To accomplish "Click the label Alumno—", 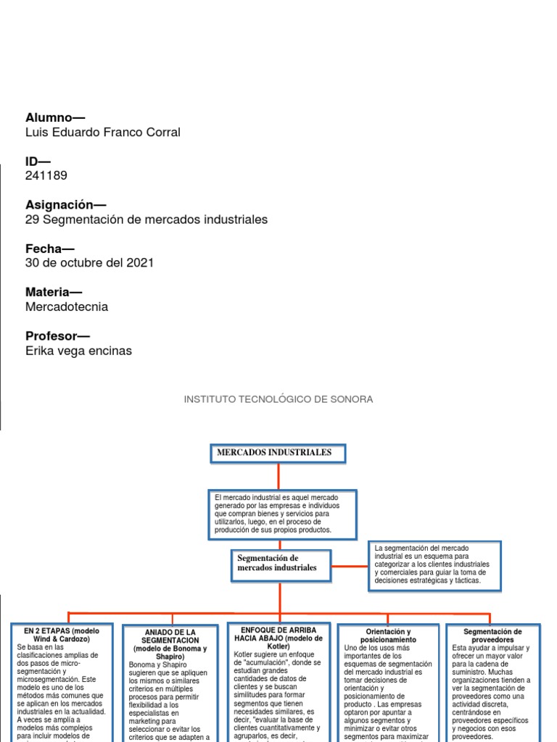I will coord(55,117).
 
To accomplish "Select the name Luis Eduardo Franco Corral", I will coord(102,132).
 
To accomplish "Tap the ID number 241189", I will coord(46,175).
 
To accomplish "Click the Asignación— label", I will coord(65,204).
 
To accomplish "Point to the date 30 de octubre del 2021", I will coord(89,262).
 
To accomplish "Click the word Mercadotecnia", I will coord(67,307).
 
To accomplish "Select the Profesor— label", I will coord(57,335).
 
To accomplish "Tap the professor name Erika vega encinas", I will coord(78,351).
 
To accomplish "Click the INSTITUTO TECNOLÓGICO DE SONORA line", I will coord(278,399).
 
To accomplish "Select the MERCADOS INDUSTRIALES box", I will coord(278,453).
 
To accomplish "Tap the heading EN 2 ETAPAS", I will coord(62,635).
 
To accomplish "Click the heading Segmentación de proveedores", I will coord(492,636).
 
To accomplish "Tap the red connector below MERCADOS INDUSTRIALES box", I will coord(278,475).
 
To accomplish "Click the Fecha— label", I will coord(50,249).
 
